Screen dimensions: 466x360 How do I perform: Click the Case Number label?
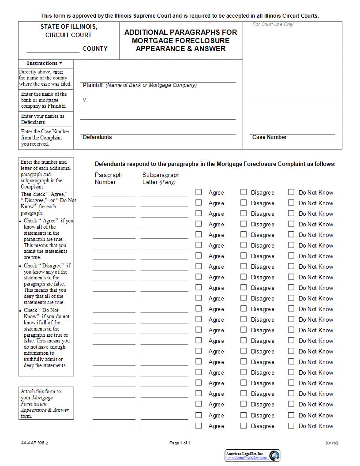(269, 137)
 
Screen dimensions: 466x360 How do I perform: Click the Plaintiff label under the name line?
(93, 85)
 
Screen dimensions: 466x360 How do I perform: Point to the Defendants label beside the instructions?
(97, 137)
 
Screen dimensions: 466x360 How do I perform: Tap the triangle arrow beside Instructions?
(61, 63)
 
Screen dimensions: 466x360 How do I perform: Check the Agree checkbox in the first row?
(199, 192)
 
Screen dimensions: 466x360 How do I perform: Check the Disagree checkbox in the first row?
(244, 192)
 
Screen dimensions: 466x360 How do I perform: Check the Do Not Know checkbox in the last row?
(291, 426)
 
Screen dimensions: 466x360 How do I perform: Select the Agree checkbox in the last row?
(199, 426)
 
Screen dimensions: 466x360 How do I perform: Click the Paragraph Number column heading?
(108, 178)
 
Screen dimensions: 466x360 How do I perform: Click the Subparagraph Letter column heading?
(161, 178)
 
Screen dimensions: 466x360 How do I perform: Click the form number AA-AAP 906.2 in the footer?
(34, 443)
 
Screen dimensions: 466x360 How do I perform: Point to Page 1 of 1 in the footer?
(180, 443)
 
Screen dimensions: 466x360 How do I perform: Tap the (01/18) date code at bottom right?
(332, 443)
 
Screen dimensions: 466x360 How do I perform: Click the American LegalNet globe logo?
(274, 455)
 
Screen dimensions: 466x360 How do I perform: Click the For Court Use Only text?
(273, 25)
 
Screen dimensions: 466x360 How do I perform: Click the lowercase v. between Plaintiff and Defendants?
(85, 100)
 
